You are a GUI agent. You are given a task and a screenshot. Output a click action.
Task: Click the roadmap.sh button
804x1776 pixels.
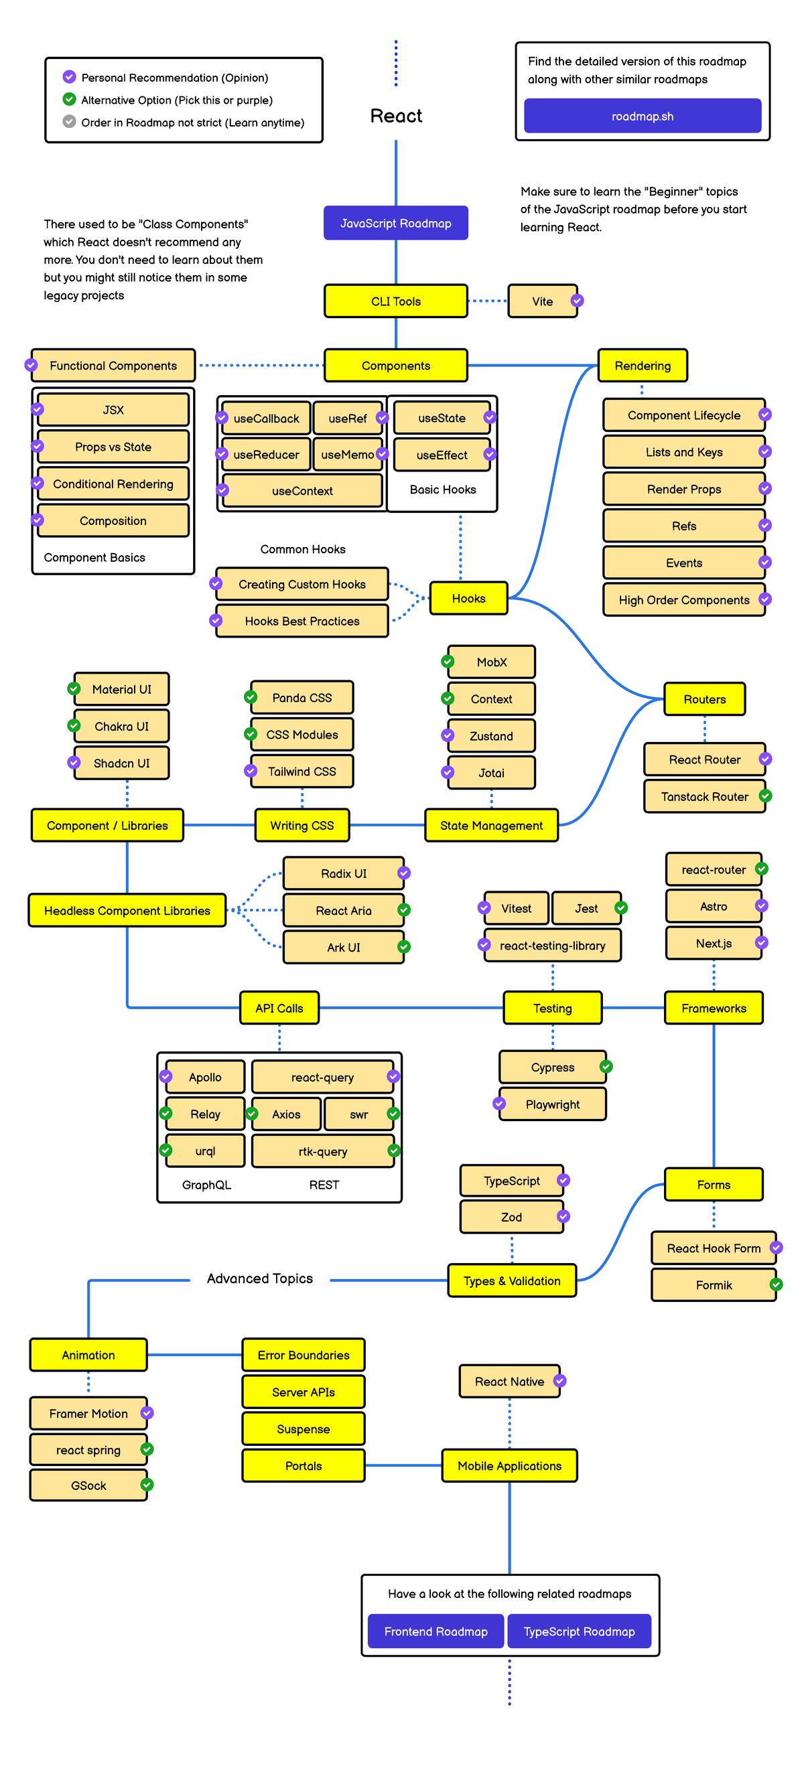click(642, 116)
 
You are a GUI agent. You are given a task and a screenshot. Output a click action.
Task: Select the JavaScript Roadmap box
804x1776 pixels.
click(395, 223)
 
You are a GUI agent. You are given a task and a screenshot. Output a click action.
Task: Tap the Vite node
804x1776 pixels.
click(542, 301)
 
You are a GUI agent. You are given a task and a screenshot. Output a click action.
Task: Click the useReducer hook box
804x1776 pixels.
click(266, 455)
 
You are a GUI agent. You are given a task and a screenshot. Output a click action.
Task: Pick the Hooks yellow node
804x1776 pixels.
click(468, 599)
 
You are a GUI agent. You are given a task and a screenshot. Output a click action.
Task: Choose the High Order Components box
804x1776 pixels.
click(683, 600)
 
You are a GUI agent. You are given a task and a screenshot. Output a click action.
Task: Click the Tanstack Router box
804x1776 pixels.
click(704, 796)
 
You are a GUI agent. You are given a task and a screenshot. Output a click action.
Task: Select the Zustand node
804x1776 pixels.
click(491, 735)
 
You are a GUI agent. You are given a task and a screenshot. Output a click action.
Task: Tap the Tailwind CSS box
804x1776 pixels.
click(302, 771)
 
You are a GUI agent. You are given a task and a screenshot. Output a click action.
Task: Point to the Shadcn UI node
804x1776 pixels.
click(121, 763)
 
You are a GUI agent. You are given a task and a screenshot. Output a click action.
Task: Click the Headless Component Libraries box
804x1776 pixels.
click(127, 911)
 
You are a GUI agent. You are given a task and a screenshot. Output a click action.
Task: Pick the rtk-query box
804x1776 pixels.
click(323, 1151)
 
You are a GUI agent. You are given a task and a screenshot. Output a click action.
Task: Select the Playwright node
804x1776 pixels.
click(552, 1104)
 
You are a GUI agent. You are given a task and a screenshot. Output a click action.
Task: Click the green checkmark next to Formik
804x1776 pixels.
click(776, 1284)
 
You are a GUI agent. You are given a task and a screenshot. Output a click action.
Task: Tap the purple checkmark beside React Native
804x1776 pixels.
click(560, 1381)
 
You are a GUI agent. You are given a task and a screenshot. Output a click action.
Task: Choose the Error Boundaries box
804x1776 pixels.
click(304, 1355)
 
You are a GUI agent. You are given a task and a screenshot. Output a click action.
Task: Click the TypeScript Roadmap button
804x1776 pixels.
click(578, 1631)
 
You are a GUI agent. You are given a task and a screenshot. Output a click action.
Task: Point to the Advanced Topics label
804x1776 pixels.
click(260, 1278)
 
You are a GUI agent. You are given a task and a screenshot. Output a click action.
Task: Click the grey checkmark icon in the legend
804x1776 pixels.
click(70, 121)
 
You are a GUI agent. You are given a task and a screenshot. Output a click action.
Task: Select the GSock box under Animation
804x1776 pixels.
click(88, 1486)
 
